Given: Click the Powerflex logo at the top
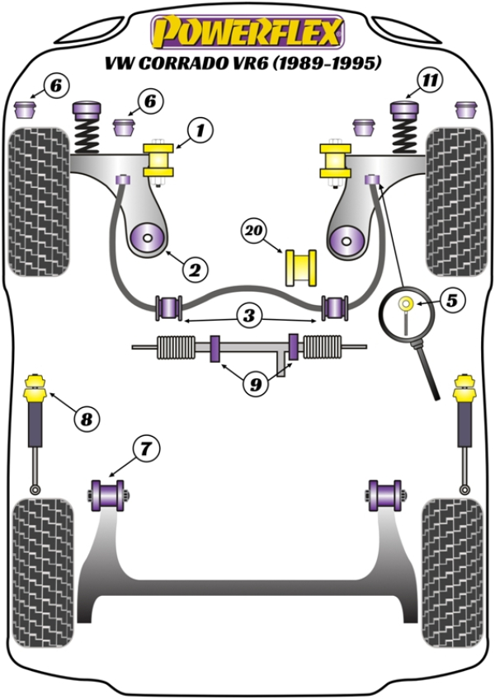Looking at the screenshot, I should [246, 32].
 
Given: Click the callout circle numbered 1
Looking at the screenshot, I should [199, 129].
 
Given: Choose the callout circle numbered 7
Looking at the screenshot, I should [144, 449].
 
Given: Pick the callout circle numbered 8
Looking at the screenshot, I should [85, 420].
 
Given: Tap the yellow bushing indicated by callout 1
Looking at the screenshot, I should [160, 160].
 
